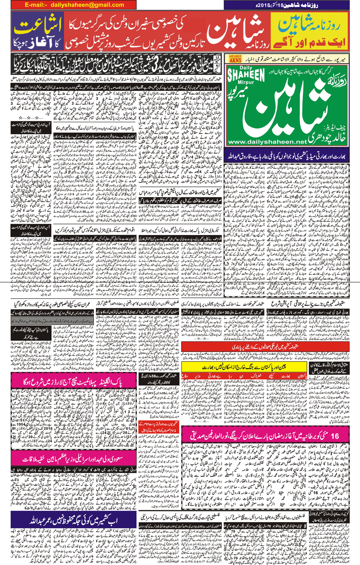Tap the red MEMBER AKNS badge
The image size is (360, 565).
[x=235, y=59]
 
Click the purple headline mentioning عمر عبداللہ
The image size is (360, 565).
[x=74, y=521]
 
